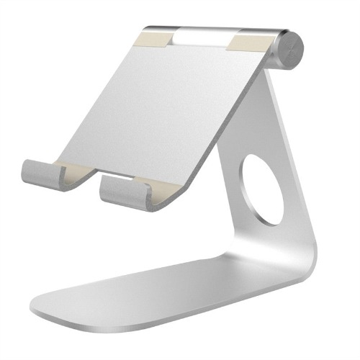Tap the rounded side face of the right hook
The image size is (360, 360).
point(108,192)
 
